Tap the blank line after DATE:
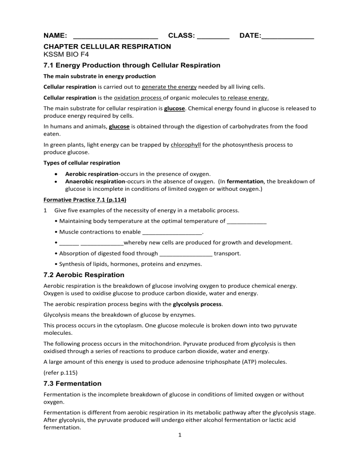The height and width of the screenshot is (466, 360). (287, 37)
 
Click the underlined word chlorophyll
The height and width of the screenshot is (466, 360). (186, 145)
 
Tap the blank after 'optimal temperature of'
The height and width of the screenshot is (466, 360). (247, 221)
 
